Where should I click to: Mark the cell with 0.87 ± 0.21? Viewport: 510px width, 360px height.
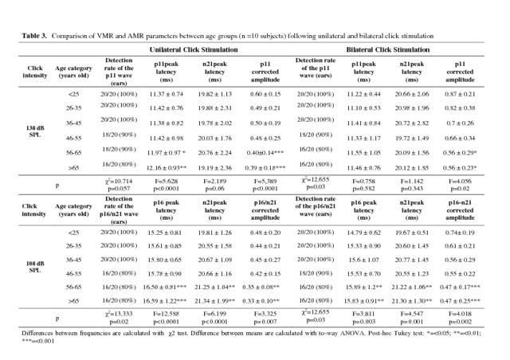coord(464,93)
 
